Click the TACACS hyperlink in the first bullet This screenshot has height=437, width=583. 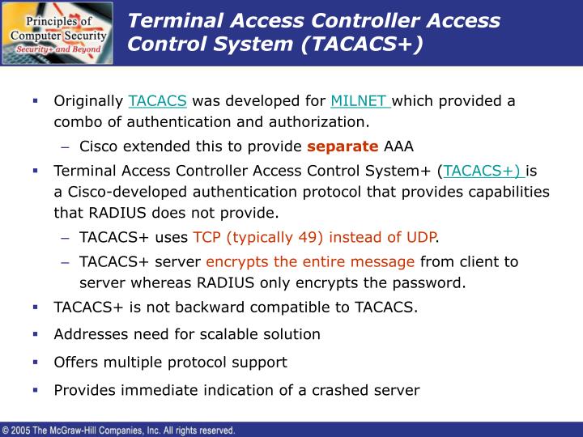(157, 101)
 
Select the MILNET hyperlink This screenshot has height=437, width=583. (360, 101)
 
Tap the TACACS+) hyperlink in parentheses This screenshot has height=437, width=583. (483, 171)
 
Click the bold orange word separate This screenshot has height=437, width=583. (343, 146)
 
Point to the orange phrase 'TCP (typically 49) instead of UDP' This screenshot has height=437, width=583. (314, 237)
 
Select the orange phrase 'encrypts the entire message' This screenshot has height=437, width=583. (310, 261)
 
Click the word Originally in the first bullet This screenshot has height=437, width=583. (88, 101)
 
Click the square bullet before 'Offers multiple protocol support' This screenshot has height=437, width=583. (36, 362)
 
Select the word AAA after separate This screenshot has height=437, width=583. (398, 146)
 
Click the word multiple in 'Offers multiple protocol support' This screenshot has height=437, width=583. (130, 362)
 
